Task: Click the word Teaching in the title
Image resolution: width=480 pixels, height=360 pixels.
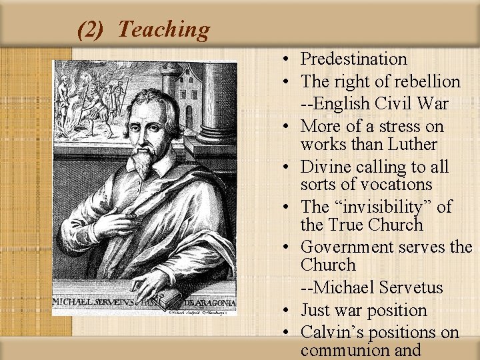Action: pos(163,29)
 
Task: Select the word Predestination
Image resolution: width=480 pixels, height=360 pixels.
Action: pos(353,59)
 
